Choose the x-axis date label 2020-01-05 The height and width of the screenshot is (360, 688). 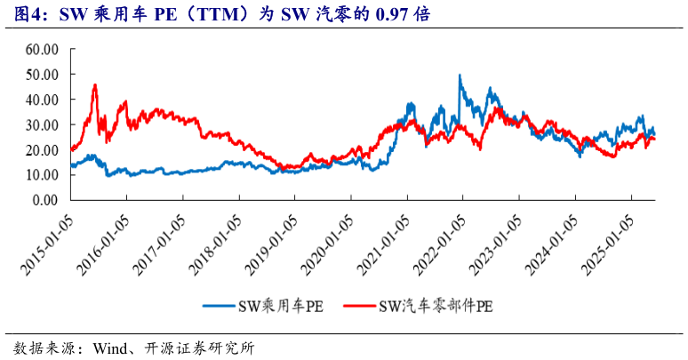(328, 237)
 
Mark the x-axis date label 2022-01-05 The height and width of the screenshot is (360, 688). (440, 237)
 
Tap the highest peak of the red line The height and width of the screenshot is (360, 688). (95, 85)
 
